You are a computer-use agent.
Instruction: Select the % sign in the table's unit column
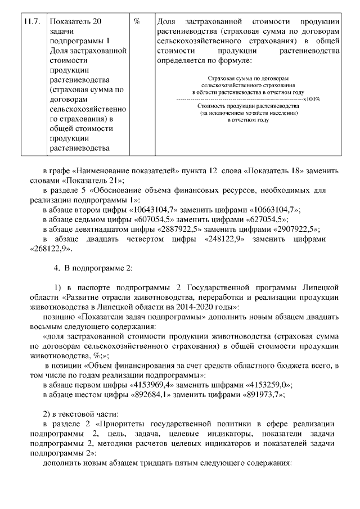[137, 22]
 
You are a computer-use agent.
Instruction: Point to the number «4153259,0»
[263, 385]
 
